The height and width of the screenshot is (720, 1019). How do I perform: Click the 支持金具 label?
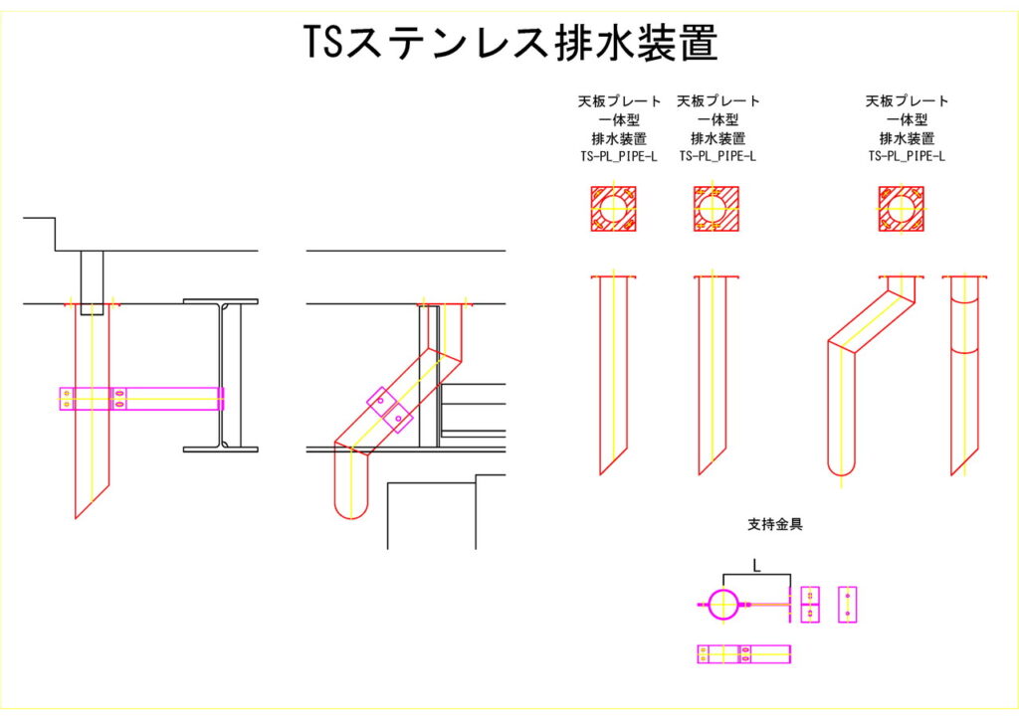(774, 523)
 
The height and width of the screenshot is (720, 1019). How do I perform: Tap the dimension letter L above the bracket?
(756, 566)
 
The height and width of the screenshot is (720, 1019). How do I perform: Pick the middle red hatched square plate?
(712, 209)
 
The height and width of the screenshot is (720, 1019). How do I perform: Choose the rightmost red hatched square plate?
(902, 209)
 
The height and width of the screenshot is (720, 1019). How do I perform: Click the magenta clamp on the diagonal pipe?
(389, 409)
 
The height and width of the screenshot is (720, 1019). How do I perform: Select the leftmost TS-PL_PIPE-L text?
(618, 156)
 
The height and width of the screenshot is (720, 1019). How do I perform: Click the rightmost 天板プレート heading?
(907, 101)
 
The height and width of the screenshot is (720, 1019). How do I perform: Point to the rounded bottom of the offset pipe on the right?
(842, 467)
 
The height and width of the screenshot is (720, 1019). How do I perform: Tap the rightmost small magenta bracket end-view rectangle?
(847, 604)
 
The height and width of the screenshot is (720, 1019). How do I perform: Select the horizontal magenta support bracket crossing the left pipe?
(139, 398)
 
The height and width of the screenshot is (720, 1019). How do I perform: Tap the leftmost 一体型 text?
(618, 120)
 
